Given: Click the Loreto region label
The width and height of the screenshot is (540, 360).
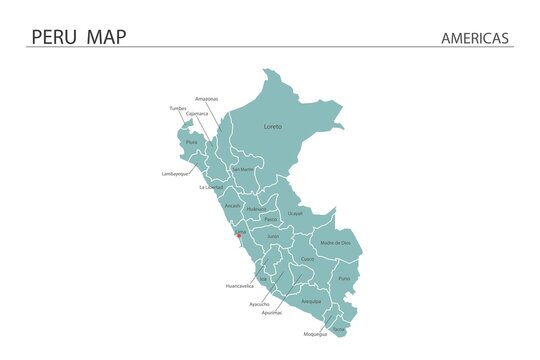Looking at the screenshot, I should [272, 127].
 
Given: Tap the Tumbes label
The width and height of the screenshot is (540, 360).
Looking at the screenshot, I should [178, 107].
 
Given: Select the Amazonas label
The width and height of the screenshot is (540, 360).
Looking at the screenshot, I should [207, 99].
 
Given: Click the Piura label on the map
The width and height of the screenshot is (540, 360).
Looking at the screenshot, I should [191, 143].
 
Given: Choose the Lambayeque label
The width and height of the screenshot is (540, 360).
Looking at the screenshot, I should [175, 174].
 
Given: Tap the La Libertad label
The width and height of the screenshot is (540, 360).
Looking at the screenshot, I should [211, 187].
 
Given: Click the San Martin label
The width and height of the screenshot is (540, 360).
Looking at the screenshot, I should [243, 169].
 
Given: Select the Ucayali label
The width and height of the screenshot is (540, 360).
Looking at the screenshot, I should [295, 213].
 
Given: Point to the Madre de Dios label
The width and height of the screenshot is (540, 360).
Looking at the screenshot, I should [335, 243].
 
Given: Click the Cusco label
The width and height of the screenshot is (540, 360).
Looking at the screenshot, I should [308, 259].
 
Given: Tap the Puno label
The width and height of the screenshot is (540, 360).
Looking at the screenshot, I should [344, 278].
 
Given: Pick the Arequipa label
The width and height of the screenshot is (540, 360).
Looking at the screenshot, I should [311, 300].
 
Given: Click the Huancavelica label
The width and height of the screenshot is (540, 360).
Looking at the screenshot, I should [239, 286].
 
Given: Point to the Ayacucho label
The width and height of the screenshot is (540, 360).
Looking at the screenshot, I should [259, 303].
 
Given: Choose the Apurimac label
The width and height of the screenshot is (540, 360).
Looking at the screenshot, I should [272, 312].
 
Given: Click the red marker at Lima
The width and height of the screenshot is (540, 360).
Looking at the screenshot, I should [237, 237].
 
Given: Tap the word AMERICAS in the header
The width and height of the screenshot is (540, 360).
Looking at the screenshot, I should [475, 38].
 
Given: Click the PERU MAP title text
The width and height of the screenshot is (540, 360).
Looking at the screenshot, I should [79, 37].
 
